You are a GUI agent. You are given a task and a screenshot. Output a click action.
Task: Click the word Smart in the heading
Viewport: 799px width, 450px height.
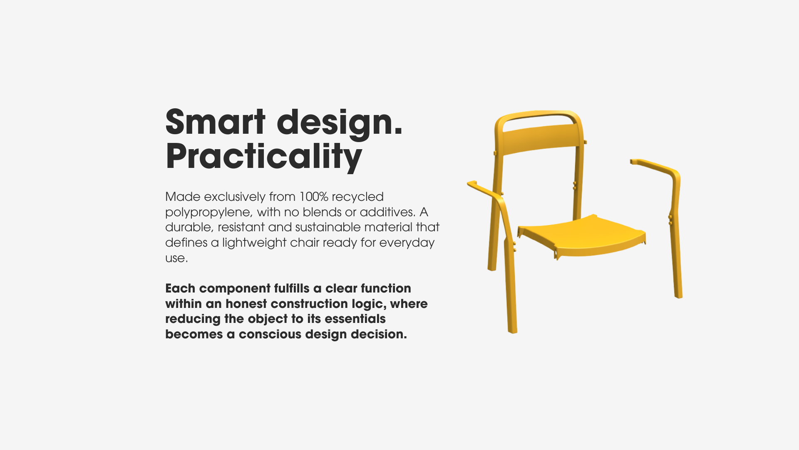point(215,122)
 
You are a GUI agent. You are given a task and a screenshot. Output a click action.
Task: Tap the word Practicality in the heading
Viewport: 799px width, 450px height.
point(264,157)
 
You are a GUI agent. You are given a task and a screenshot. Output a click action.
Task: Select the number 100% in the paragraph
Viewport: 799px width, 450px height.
point(314,196)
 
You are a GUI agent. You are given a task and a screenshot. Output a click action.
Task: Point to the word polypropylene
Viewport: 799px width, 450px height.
point(208,212)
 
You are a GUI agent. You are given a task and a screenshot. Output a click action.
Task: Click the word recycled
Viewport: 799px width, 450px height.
point(357,197)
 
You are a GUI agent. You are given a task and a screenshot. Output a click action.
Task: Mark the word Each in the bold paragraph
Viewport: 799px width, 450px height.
point(180,288)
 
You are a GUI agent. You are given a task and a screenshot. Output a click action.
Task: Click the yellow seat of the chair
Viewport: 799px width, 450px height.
point(581,236)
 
